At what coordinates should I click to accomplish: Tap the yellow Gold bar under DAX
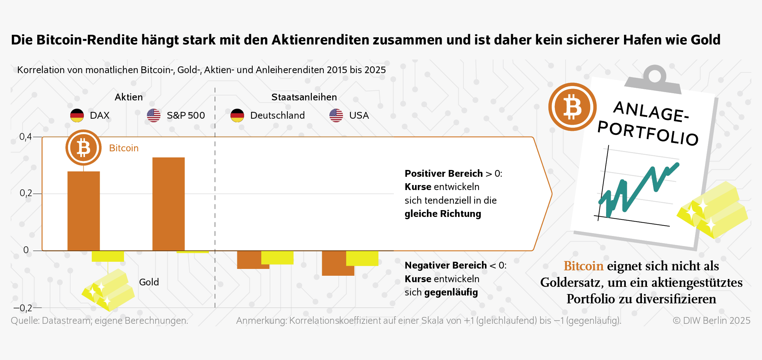[x=108, y=256]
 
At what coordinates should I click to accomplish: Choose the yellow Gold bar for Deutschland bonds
[x=277, y=257]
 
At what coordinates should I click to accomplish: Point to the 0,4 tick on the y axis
[x=25, y=137]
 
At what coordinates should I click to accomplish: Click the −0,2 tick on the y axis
[x=23, y=308]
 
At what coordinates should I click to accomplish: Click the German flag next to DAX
[x=77, y=115]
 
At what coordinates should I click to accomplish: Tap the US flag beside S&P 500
[x=154, y=115]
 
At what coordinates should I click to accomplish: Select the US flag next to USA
[x=336, y=115]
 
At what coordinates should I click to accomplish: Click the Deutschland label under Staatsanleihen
[x=277, y=115]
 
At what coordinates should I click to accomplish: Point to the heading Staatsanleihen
[x=304, y=97]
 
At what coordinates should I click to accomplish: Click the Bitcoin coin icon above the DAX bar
[x=84, y=148]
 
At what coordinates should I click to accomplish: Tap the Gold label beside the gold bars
[x=149, y=282]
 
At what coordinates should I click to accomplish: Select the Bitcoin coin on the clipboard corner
[x=572, y=107]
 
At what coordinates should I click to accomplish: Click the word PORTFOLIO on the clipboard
[x=648, y=133]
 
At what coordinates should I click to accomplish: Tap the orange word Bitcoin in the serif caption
[x=584, y=266]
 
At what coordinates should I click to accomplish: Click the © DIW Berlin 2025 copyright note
[x=711, y=321]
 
